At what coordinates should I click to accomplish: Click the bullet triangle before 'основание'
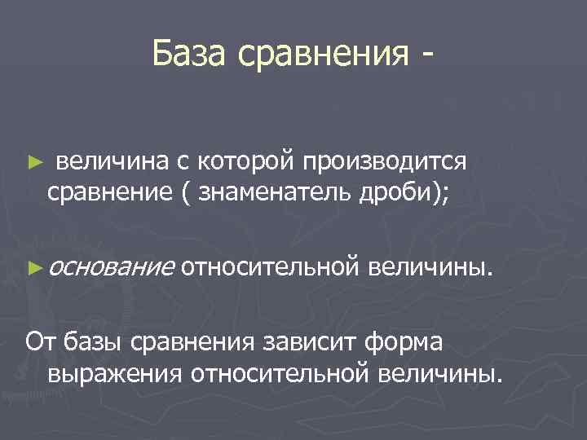[33, 266]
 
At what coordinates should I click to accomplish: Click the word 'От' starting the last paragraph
[41, 341]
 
